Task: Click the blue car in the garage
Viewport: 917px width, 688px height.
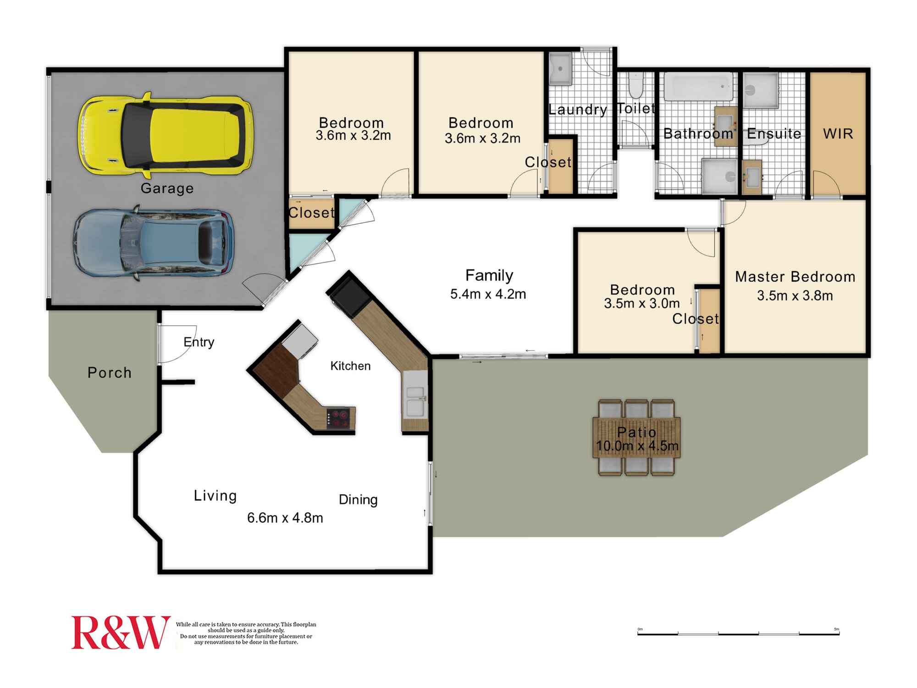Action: pos(154,243)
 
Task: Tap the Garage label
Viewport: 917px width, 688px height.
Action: pos(167,188)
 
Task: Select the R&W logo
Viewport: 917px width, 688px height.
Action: pos(120,633)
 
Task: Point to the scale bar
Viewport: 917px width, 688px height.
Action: pos(738,633)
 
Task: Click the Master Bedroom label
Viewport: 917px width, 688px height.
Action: pos(795,277)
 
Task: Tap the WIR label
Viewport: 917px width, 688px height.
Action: pos(838,134)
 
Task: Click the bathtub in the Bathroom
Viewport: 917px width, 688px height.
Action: pos(698,87)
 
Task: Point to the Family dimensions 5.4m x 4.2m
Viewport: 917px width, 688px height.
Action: pos(488,294)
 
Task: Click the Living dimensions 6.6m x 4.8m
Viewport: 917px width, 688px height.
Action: pos(285,518)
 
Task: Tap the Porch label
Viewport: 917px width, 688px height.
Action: pos(110,372)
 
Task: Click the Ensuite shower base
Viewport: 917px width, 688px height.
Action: pos(760,90)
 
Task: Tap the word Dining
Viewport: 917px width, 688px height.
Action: pos(358,499)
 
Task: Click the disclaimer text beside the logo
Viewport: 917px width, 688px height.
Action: pos(246,633)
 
